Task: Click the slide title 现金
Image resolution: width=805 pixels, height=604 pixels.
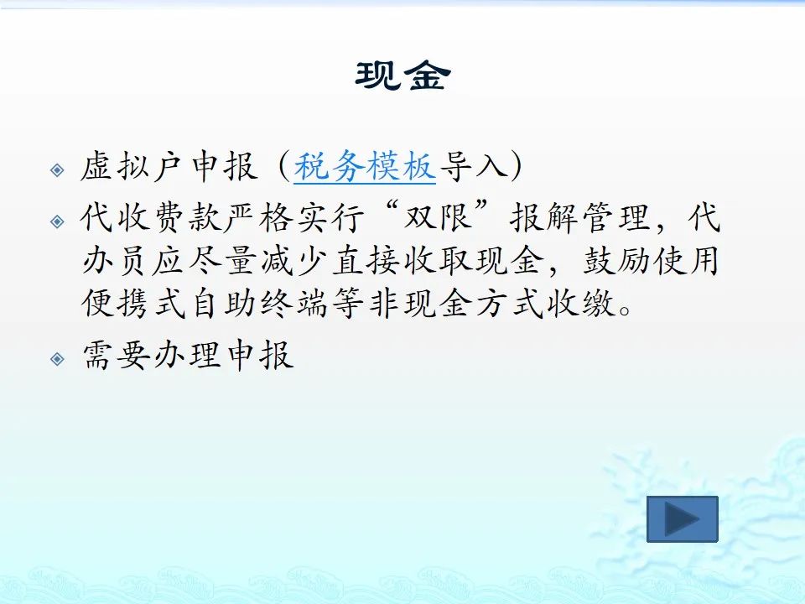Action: pyautogui.click(x=403, y=76)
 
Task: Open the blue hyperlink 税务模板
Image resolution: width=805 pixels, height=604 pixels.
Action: pyautogui.click(x=365, y=166)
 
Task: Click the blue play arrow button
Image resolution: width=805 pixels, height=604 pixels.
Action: pyautogui.click(x=682, y=518)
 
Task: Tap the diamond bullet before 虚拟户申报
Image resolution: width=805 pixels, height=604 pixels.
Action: pyautogui.click(x=58, y=169)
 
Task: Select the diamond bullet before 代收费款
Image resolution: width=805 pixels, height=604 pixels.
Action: pyautogui.click(x=58, y=221)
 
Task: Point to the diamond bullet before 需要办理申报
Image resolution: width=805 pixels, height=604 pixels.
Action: pyautogui.click(x=58, y=358)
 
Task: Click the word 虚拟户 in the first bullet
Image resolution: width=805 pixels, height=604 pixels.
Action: pyautogui.click(x=132, y=166)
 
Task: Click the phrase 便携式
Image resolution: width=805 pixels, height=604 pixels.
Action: pyautogui.click(x=133, y=304)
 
